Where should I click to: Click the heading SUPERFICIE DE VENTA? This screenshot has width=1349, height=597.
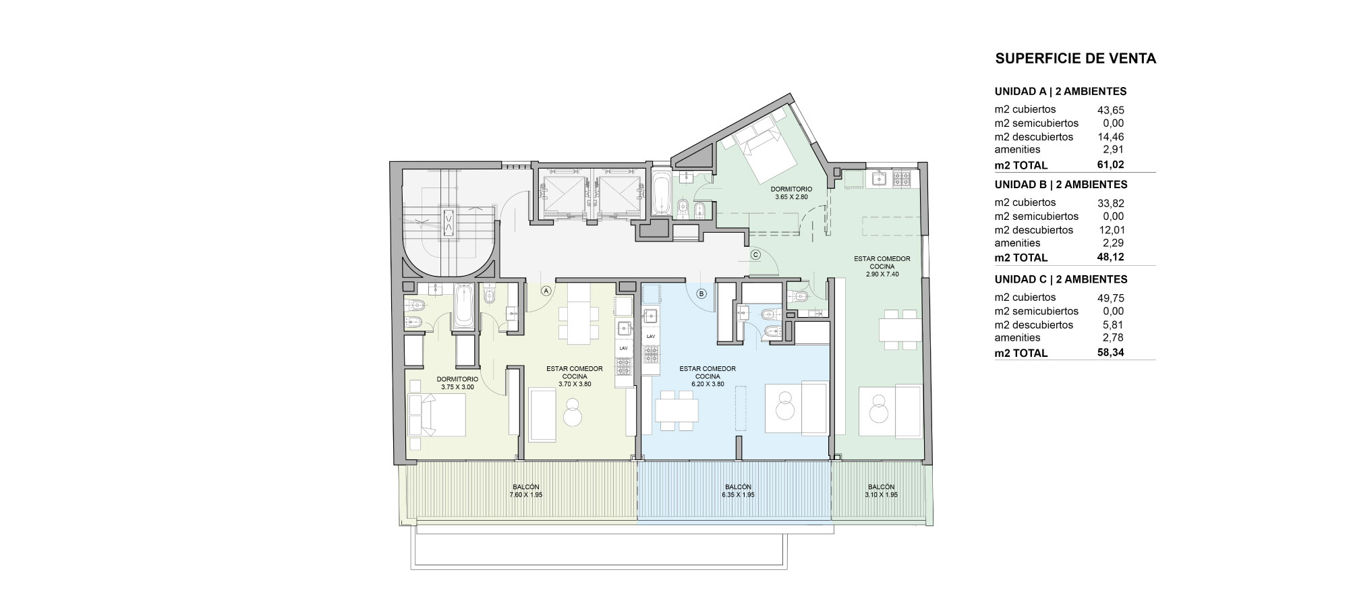click(1076, 59)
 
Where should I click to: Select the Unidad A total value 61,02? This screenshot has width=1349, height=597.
click(1111, 165)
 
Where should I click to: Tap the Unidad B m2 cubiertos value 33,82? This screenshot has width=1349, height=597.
click(1111, 203)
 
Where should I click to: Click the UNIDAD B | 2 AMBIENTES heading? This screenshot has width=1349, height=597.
click(1061, 184)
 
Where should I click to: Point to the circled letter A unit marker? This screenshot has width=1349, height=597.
click(546, 291)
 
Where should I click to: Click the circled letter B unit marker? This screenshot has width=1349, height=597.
click(701, 293)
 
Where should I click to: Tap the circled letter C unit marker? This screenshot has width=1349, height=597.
click(755, 254)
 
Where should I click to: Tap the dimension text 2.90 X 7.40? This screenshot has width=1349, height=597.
click(882, 275)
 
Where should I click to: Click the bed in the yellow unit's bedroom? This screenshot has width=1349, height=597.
click(436, 414)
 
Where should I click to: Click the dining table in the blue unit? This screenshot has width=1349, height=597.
click(677, 409)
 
